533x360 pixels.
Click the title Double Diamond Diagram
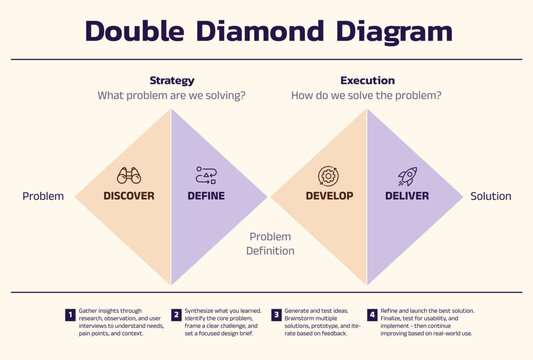(267, 30)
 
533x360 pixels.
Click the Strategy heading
(171, 80)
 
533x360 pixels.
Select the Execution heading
(367, 80)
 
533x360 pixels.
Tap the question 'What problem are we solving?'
(171, 96)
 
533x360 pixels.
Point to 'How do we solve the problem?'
(367, 96)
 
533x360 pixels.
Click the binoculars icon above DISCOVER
(129, 175)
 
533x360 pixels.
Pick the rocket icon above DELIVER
(407, 176)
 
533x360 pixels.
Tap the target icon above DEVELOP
(328, 176)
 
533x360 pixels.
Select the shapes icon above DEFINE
(206, 176)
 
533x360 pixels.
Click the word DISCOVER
(129, 196)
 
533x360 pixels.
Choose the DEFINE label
(206, 196)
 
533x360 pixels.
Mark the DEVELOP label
(329, 196)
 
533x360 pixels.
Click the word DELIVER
(407, 196)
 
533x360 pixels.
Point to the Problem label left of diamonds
(43, 196)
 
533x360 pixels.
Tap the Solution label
(491, 196)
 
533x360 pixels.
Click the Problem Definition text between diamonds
(270, 244)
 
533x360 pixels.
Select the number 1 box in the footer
(71, 315)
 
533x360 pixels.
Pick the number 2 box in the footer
(176, 315)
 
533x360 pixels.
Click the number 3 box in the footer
(276, 315)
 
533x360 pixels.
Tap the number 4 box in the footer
(373, 315)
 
